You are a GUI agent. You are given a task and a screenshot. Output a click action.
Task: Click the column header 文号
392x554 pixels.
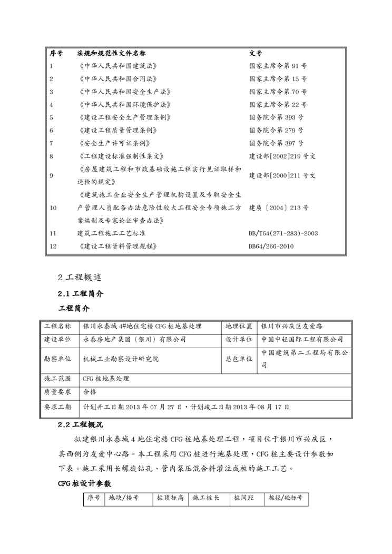pos(256,54)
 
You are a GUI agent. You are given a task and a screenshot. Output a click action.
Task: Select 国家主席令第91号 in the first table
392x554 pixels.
pos(278,66)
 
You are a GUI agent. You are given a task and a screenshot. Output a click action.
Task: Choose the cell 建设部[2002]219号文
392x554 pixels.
pos(282,156)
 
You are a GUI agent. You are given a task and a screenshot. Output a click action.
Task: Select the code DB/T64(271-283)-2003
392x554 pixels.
pos(283,233)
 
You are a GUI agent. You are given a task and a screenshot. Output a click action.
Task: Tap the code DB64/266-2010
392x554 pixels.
pos(271,246)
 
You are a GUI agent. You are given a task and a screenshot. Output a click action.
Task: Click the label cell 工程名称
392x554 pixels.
pos(57,327)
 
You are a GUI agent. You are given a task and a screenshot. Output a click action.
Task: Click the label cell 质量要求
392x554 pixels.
pos(57,392)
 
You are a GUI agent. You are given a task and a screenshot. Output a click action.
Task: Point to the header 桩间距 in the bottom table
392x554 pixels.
pos(244,498)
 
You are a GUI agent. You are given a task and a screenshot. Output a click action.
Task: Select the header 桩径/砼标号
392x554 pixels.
pos(286,498)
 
